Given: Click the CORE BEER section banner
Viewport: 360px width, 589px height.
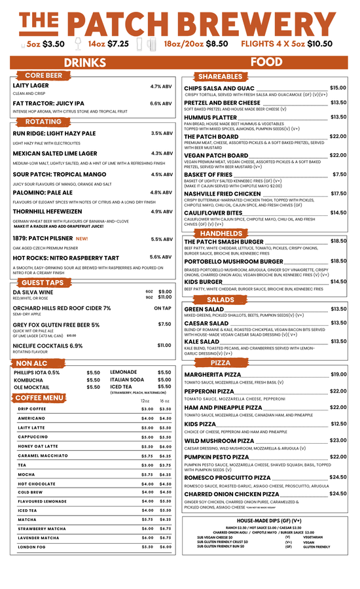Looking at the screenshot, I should tap(44, 76).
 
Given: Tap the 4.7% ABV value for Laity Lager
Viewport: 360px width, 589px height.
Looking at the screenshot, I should tap(161, 86).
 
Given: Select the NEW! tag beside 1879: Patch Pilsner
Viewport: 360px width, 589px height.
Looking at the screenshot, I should tap(82, 239).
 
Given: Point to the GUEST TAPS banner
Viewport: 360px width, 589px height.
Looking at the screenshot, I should tap(46, 282).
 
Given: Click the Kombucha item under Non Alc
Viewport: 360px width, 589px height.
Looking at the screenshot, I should tap(29, 380).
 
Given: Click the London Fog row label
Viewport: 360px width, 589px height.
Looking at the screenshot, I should tap(31, 546).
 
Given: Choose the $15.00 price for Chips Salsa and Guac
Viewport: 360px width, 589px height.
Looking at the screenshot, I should tap(338, 88).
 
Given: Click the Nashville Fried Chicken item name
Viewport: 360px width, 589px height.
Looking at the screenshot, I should tap(222, 194).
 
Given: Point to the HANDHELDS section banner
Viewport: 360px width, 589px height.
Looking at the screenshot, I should tap(221, 234).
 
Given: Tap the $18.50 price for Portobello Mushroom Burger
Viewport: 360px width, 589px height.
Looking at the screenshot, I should tap(338, 261).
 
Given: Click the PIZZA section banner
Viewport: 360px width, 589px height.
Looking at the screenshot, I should tap(221, 363).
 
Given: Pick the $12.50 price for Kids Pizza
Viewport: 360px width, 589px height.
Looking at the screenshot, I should tap(338, 424).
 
